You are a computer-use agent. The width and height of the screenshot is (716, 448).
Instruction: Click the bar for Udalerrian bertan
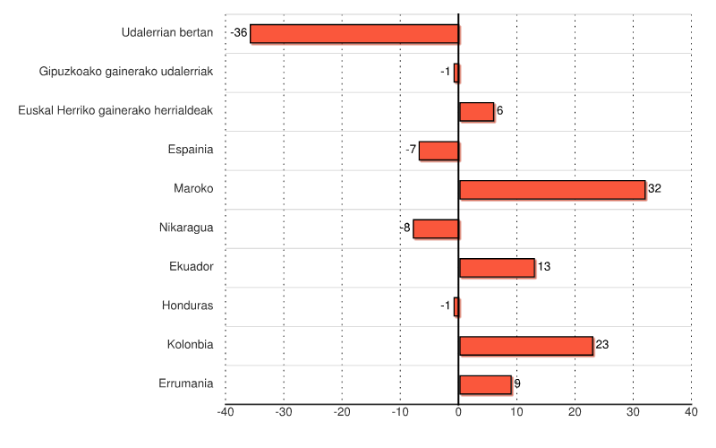coord(354,34)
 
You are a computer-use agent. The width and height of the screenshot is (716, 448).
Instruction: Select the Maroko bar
coord(551,189)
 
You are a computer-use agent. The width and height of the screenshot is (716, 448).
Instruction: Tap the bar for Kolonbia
coord(525,345)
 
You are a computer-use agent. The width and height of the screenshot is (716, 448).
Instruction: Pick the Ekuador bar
coord(497,267)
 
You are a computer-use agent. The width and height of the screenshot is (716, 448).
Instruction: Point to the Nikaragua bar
coord(436,228)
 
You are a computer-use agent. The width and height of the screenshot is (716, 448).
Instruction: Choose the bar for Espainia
coord(439,151)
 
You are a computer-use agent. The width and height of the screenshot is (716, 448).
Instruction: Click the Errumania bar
coord(485,384)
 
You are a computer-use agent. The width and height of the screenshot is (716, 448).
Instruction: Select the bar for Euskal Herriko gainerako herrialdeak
coord(476,111)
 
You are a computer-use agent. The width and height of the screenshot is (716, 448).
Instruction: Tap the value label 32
coord(654,189)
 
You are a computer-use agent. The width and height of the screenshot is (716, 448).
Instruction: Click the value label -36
coord(239,33)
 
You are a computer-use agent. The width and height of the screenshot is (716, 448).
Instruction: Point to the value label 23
coord(602,345)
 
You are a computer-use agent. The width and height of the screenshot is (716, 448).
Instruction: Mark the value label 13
coord(544,267)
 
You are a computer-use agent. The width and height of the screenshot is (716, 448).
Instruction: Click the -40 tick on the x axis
coord(226,412)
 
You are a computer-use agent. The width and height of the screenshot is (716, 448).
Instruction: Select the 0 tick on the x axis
coord(458,412)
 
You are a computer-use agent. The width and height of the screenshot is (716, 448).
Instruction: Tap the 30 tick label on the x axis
coord(633,412)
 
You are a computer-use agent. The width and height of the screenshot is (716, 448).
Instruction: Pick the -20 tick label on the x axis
coord(342,412)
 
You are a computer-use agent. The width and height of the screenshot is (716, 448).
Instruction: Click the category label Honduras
coord(187,306)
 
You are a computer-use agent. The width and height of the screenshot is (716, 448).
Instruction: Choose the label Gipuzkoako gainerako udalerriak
coord(126,72)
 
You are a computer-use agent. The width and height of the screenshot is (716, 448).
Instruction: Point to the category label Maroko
coord(193,188)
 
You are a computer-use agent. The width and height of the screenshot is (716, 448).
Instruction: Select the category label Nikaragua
coord(186,228)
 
